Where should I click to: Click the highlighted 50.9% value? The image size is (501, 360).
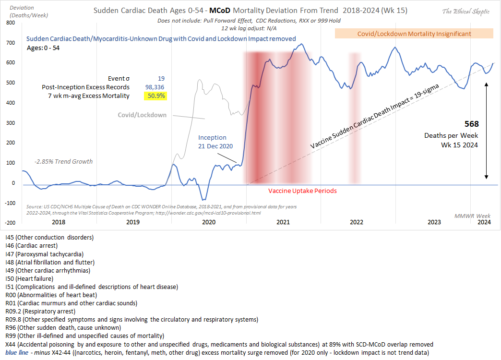coord(155,96)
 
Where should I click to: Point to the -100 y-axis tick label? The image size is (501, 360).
coord(9,203)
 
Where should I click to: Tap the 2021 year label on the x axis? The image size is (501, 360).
coord(283,222)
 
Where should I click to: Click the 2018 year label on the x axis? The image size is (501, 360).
coord(59,222)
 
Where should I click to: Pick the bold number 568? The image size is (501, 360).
coord(472,123)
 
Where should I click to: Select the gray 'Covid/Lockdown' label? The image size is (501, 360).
coord(143,115)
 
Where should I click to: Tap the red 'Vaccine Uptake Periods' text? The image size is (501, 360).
coord(302,191)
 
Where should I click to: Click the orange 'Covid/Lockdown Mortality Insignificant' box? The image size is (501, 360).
coord(414,34)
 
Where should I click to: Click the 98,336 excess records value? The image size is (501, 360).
coord(155,87)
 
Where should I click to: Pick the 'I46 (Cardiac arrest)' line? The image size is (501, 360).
coord(32,245)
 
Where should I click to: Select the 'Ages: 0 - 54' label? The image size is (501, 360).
coord(44,48)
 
